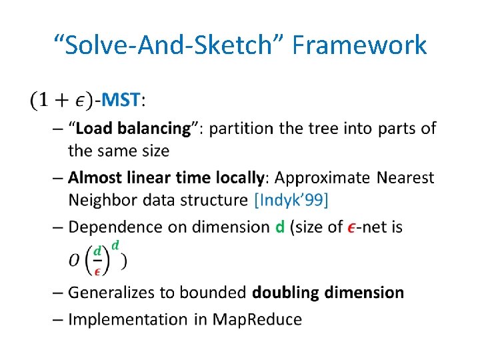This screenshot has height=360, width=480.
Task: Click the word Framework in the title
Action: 359,45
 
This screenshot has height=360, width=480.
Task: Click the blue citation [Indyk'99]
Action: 291,199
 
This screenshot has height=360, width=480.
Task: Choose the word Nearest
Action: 405,178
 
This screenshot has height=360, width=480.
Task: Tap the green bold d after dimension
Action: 280,227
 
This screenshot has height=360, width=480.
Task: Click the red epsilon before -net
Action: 351,227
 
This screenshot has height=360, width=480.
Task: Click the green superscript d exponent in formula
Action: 115,245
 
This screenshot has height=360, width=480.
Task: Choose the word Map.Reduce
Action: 257,319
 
